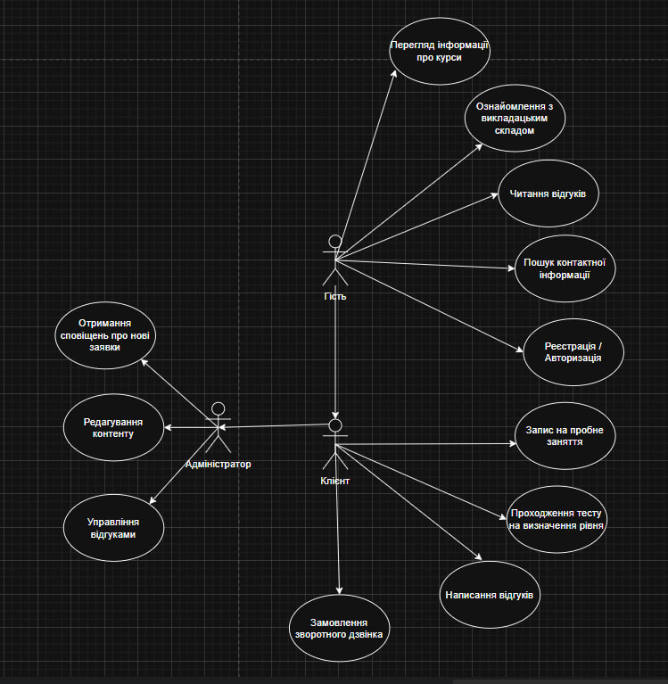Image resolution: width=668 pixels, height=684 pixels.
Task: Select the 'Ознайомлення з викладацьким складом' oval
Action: click(515, 119)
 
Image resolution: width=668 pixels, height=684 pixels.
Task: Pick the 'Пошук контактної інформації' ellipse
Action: click(565, 268)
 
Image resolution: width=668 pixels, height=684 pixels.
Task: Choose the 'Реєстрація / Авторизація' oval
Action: click(573, 350)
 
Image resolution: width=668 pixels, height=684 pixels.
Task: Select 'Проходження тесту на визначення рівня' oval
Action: click(557, 519)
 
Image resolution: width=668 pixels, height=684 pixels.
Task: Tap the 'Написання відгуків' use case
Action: click(491, 594)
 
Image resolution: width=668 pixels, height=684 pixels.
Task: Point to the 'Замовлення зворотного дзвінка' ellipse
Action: click(339, 628)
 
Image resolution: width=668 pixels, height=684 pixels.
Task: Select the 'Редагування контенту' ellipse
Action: click(113, 428)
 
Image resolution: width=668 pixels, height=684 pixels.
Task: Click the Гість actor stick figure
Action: click(335, 260)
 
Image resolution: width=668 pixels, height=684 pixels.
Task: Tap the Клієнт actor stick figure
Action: click(334, 446)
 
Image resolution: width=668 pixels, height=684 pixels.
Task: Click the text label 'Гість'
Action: click(335, 296)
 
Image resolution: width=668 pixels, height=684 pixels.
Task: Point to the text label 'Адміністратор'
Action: click(218, 464)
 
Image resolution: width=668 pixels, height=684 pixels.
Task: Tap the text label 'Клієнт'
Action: click(335, 482)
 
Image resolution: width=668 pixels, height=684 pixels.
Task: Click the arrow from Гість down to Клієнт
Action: click(335, 357)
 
